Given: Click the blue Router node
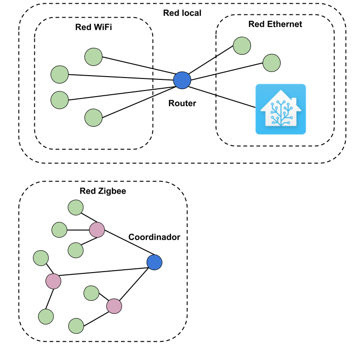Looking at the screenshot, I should (x=182, y=80).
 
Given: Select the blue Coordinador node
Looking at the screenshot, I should (x=154, y=262).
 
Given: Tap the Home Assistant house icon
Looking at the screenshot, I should (x=281, y=110).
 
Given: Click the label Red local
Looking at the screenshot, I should (x=182, y=13).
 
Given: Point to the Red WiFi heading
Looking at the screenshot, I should (x=94, y=27).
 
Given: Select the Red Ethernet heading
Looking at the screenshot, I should (x=275, y=24).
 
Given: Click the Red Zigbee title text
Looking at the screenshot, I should (x=103, y=191).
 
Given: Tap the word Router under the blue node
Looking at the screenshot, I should (x=182, y=104).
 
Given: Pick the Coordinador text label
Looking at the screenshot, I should (x=154, y=237).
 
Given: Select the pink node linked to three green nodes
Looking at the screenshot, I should (x=97, y=229).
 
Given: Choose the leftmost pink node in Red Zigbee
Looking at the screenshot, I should (x=53, y=281).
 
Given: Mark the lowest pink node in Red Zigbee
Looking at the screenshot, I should (x=114, y=306).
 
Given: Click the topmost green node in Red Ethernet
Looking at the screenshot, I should (x=242, y=45).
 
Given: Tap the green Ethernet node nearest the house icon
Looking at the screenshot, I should (x=271, y=63).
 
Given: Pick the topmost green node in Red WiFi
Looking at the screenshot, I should (x=93, y=57).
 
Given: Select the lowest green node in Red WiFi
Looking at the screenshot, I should (x=93, y=118).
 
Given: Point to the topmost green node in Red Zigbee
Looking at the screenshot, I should (x=75, y=208).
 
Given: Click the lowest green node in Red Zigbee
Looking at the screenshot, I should (x=76, y=326).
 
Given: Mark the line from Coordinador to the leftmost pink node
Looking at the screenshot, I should (x=104, y=272).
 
